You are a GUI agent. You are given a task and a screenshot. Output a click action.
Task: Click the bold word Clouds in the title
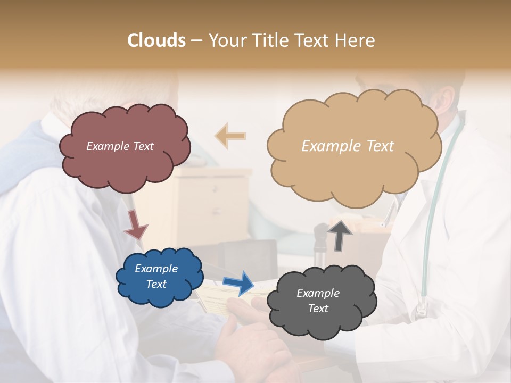tap(156, 40)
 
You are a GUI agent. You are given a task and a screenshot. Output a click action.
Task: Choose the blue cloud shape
tap(159, 277)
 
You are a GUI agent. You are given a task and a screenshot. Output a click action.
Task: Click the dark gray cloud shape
tap(320, 301)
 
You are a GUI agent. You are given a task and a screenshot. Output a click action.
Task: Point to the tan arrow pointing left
tap(230, 136)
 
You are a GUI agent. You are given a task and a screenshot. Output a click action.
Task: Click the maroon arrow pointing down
tap(136, 224)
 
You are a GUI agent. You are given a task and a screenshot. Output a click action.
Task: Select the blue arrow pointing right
tap(238, 282)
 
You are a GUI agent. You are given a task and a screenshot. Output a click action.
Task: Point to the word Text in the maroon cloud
tap(142, 146)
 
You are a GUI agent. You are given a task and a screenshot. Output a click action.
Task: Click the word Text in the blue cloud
tap(156, 284)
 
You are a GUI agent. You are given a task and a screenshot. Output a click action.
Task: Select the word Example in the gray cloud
tap(318, 293)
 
